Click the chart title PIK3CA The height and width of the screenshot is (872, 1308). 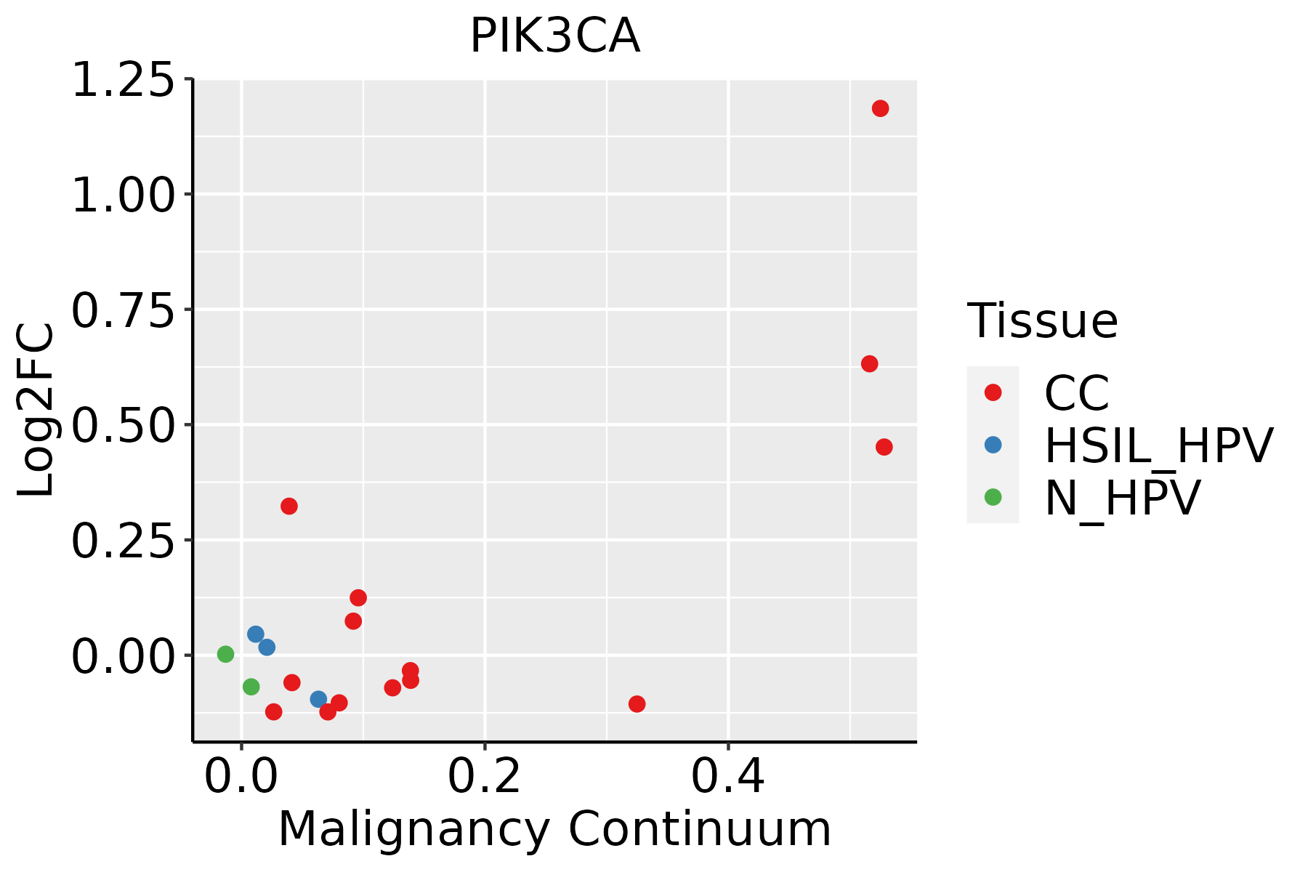pos(554,36)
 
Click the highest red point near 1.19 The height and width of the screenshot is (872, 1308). pos(880,108)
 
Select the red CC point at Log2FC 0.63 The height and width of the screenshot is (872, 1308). pos(869,363)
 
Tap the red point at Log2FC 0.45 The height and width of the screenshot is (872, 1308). pos(884,447)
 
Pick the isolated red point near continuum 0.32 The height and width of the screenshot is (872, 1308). pos(637,703)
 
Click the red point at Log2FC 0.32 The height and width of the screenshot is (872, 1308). pos(289,506)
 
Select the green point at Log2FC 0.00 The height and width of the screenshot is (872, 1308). pos(225,654)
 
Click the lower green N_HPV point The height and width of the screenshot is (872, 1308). pos(251,687)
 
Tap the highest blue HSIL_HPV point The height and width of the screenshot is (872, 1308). pos(255,634)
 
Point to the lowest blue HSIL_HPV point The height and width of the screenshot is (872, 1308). pos(318,699)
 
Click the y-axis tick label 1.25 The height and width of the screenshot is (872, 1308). pos(124,80)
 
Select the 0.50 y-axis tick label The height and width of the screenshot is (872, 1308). pos(124,426)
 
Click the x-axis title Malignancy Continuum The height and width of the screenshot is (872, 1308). pos(554,830)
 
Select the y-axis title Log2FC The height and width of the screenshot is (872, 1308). pos(36,411)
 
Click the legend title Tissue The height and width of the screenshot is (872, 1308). pos(1042,320)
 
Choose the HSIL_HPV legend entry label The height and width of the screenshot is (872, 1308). pos(1158,445)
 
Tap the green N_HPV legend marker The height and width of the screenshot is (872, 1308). pos(993,497)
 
